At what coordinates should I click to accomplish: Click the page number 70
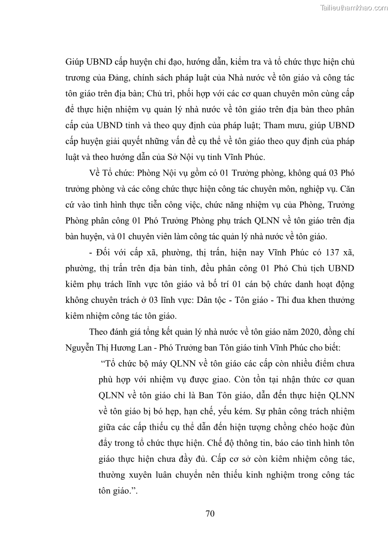[210, 514]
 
